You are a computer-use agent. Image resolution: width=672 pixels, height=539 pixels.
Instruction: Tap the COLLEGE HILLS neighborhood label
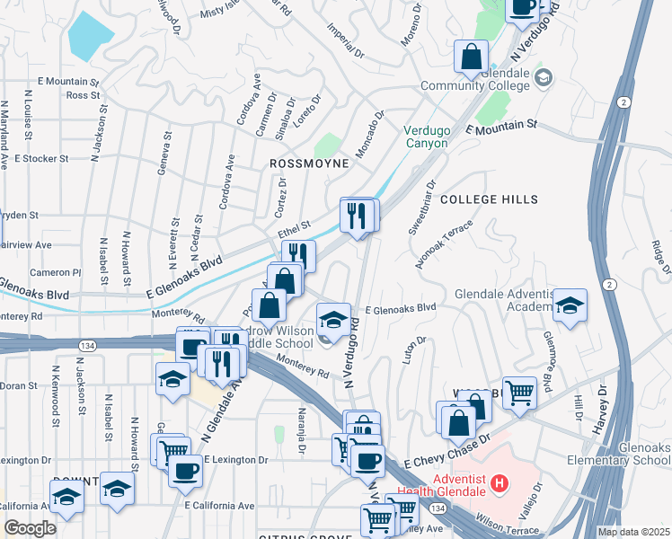point(489,199)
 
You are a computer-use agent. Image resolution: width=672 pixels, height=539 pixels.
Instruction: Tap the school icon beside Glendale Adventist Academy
point(570,306)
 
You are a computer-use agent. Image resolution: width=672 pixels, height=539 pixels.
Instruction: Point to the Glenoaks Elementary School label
point(624,454)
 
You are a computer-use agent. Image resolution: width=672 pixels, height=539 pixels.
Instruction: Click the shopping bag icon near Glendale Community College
point(471,58)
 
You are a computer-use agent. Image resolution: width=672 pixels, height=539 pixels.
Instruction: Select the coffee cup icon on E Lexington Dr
point(185,470)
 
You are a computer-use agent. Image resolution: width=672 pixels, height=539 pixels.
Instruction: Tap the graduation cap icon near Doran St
point(172,380)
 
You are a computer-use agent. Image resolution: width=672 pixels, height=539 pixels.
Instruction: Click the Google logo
point(30,527)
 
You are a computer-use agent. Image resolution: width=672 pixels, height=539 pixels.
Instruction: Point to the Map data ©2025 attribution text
point(633,532)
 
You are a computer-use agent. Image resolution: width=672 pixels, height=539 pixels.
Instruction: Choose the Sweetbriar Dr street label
point(422,207)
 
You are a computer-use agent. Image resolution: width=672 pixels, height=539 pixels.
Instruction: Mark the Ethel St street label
point(294,229)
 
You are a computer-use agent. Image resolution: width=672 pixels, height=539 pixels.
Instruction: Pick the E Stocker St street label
point(41,158)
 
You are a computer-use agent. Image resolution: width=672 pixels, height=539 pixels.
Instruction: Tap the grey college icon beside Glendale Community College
point(542,77)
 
